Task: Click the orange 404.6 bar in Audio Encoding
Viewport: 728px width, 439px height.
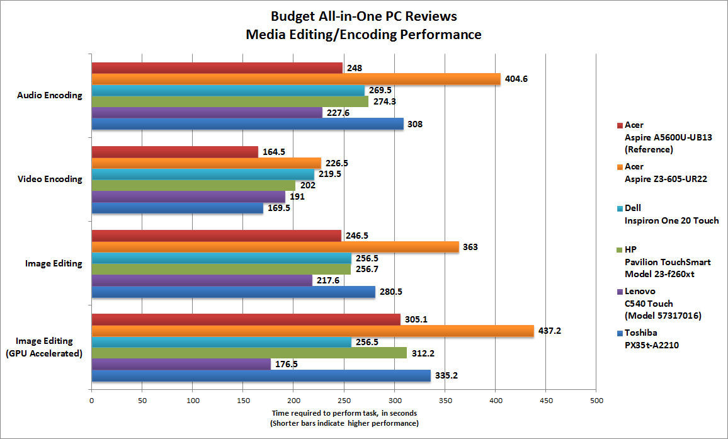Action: point(296,79)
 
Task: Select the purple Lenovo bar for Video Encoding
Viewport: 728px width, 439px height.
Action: point(188,197)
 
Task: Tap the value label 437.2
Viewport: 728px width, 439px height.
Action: point(549,330)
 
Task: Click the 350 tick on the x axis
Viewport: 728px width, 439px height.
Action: point(445,399)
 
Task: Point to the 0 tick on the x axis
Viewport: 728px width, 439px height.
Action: point(92,399)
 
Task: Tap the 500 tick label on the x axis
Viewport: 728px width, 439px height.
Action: point(596,399)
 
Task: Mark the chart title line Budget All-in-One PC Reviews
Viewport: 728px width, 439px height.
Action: point(364,16)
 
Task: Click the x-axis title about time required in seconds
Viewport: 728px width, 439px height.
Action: point(344,418)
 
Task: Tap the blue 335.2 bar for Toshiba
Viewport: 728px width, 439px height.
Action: point(261,375)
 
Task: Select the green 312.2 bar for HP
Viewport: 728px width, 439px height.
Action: point(249,353)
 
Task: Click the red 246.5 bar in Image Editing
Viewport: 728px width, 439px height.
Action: point(217,236)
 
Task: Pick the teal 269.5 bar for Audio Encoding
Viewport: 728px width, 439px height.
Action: point(228,90)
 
